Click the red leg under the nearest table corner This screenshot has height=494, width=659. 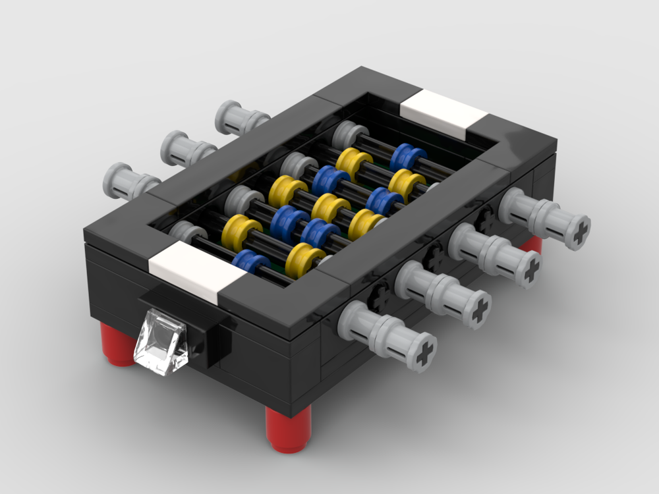click(288, 428)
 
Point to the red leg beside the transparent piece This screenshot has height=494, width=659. click(120, 344)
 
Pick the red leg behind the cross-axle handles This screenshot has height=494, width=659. click(531, 244)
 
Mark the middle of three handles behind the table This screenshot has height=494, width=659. click(187, 149)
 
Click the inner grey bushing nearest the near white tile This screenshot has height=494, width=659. click(187, 232)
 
